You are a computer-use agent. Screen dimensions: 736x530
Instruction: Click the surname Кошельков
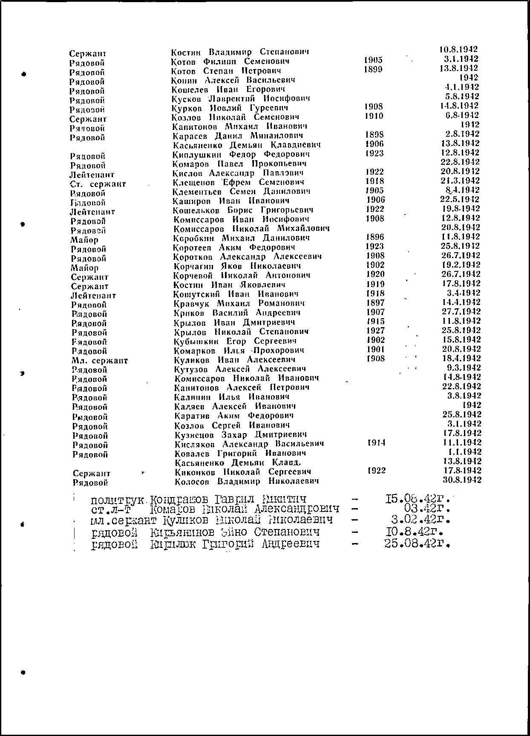197,210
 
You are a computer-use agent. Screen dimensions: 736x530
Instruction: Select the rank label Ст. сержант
98,184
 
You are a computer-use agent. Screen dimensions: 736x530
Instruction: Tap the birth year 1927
375,331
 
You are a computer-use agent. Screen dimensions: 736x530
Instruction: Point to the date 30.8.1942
462,480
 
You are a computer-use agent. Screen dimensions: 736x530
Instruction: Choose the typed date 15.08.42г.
418,498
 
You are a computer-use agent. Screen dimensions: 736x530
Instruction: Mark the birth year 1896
375,237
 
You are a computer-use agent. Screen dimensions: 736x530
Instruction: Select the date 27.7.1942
461,312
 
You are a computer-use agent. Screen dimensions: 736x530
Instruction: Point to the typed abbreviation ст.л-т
110,509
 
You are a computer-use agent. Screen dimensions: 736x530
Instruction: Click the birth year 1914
376,443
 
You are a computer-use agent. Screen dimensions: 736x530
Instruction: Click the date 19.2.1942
461,265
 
